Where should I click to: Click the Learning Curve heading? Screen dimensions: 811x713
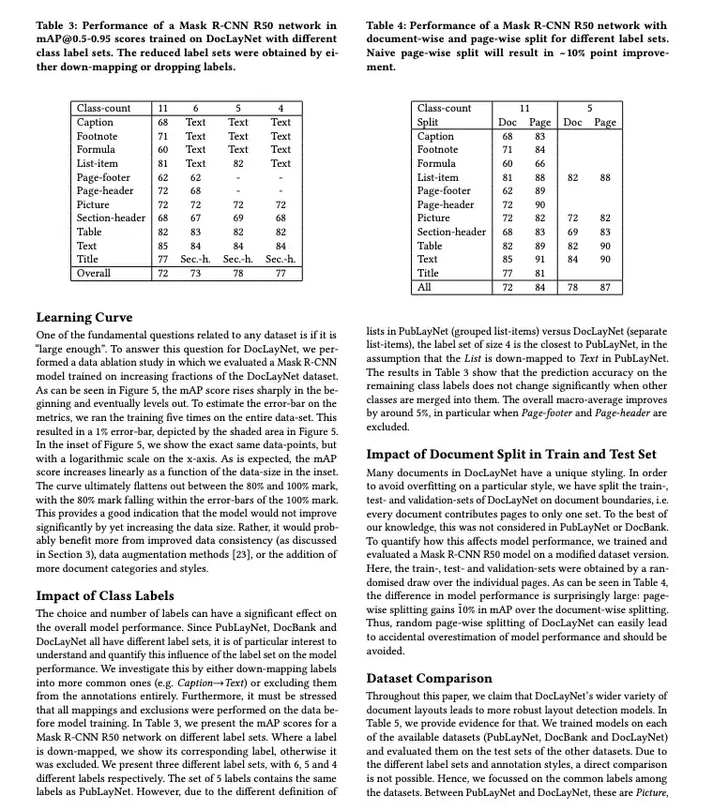click(x=84, y=317)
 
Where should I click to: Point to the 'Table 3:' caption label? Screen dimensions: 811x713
click(x=59, y=24)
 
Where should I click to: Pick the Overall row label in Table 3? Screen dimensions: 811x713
click(x=93, y=273)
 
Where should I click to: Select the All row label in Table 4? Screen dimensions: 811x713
click(x=424, y=287)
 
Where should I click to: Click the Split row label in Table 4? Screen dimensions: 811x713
click(x=428, y=123)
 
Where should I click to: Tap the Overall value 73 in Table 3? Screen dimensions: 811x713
click(x=195, y=273)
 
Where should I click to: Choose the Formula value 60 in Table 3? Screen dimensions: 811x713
click(x=163, y=149)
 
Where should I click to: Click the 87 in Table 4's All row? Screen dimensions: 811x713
click(x=605, y=287)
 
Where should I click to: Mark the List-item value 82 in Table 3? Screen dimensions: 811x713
click(x=238, y=163)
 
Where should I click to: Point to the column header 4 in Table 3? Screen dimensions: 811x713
click(x=281, y=109)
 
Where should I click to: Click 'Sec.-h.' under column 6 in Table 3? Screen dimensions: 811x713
click(x=195, y=259)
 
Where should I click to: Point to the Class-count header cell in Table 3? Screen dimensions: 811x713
click(x=104, y=109)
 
